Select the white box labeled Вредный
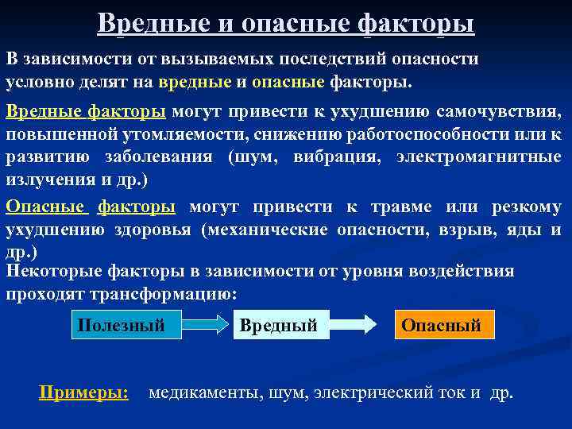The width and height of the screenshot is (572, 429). pos(279,326)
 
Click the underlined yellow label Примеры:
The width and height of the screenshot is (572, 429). pos(84,392)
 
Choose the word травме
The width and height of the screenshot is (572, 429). pos(395,207)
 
